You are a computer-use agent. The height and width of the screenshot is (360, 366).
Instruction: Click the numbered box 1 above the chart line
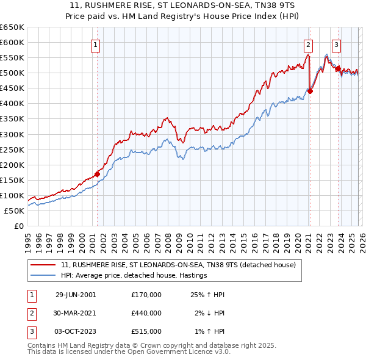pyautogui.click(x=96, y=44)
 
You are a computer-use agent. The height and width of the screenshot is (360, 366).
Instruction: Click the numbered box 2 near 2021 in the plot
pyautogui.click(x=309, y=44)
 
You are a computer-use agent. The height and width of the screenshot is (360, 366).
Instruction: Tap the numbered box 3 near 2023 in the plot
pyautogui.click(x=336, y=44)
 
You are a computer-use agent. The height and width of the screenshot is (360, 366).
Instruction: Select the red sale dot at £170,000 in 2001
pyautogui.click(x=97, y=174)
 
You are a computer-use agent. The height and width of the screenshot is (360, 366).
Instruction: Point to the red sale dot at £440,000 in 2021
pyautogui.click(x=310, y=91)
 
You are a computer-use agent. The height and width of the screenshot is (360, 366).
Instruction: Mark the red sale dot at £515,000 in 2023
pyautogui.click(x=337, y=68)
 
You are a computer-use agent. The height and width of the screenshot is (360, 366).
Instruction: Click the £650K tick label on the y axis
pyautogui.click(x=12, y=27)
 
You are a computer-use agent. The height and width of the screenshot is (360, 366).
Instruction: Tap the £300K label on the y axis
pyautogui.click(x=12, y=134)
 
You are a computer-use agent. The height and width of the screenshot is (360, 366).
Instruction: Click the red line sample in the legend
pyautogui.click(x=43, y=265)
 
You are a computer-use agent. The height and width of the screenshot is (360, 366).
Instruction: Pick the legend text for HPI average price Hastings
pyautogui.click(x=134, y=275)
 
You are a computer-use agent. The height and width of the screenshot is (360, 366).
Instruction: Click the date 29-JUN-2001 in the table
pyautogui.click(x=76, y=295)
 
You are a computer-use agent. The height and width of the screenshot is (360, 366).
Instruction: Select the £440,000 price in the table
pyautogui.click(x=146, y=313)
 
